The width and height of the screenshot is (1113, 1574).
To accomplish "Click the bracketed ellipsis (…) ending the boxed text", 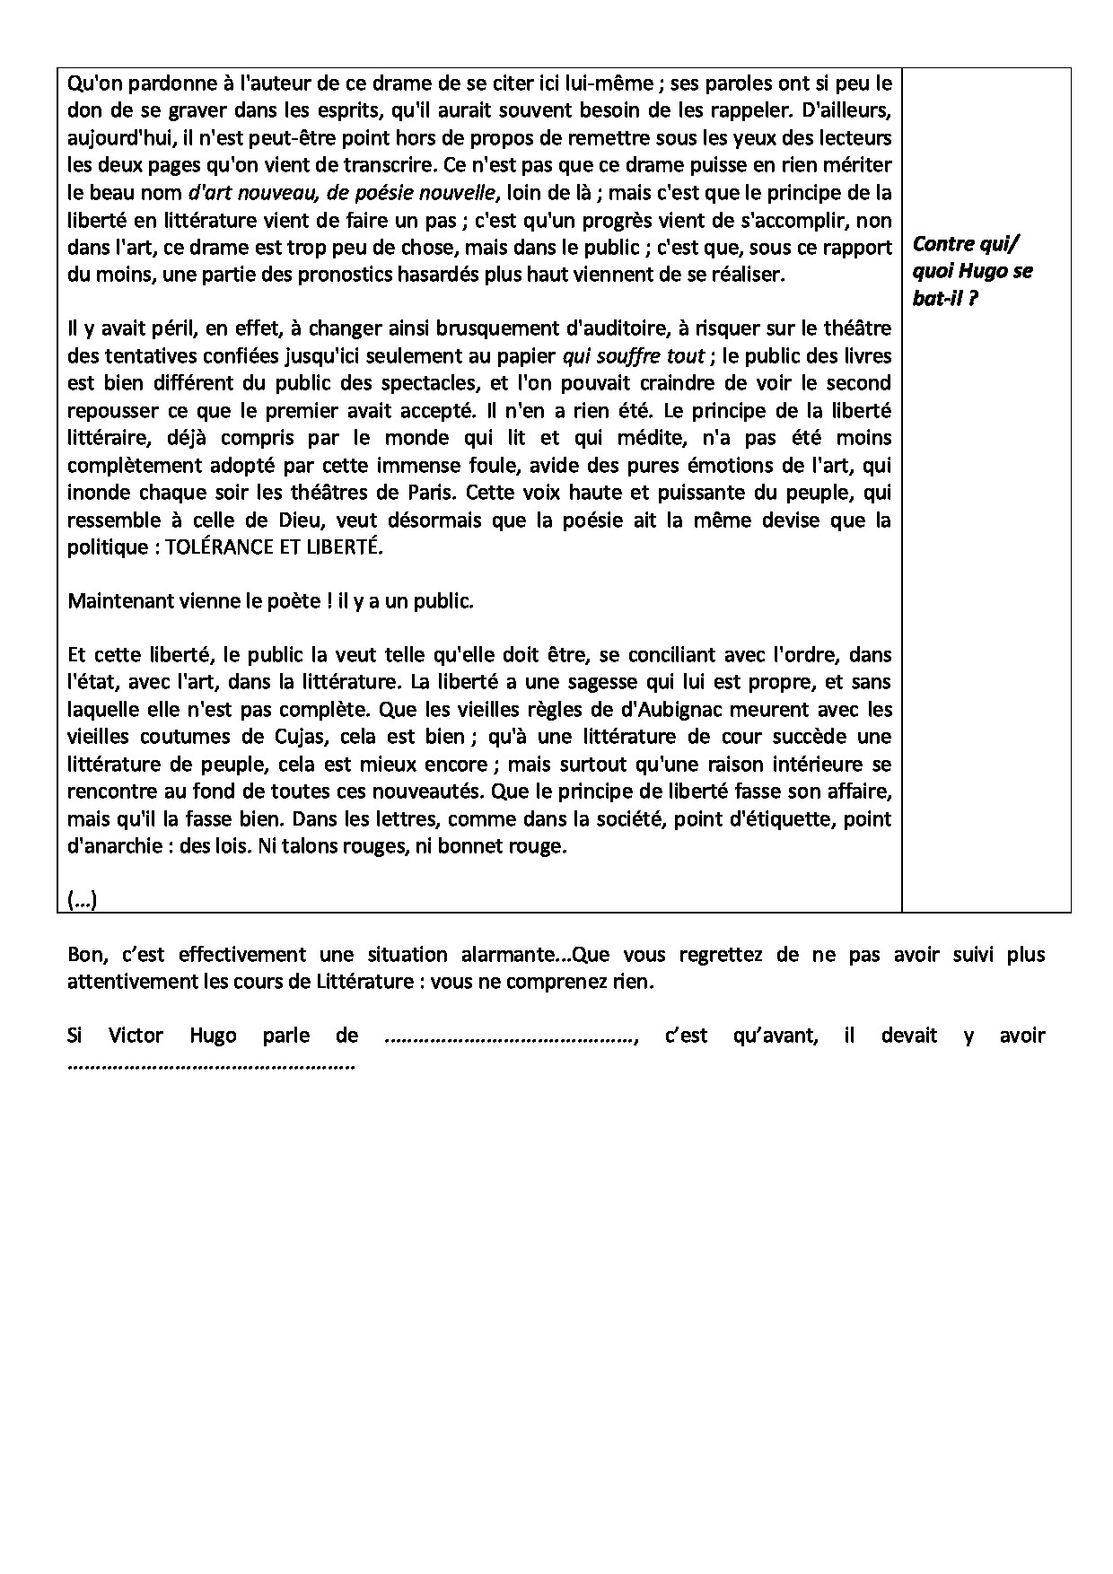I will (x=82, y=899).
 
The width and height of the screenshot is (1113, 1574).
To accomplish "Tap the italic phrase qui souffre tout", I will (x=633, y=355).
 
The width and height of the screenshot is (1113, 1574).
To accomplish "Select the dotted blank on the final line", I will (x=211, y=1065).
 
